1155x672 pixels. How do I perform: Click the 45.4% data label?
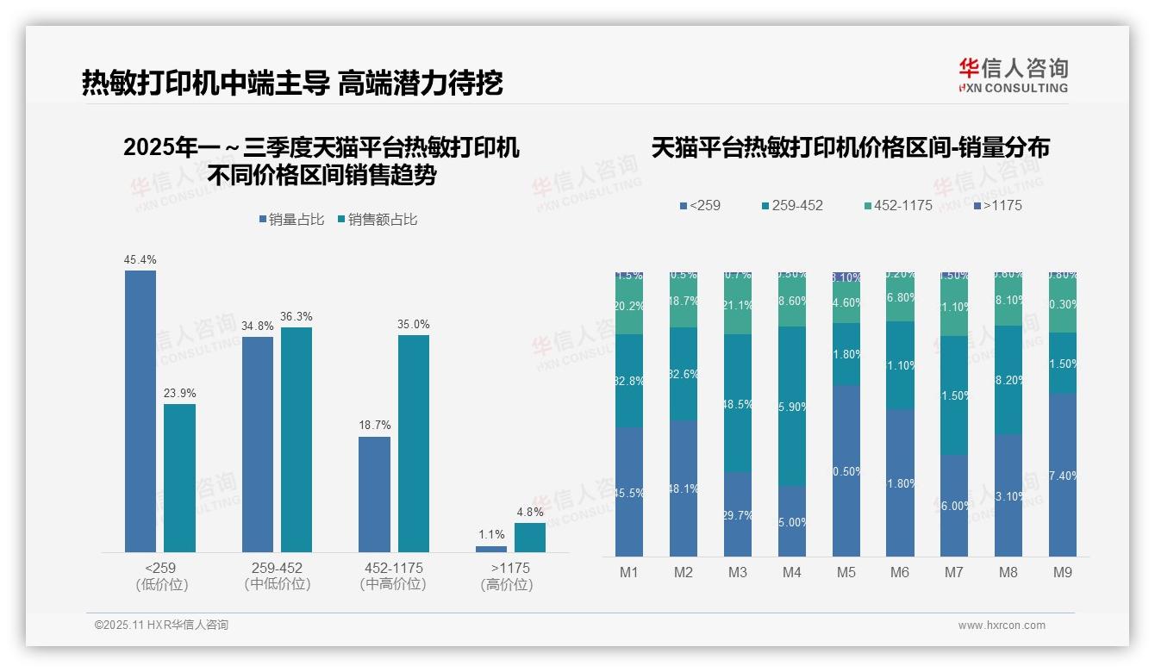tap(140, 259)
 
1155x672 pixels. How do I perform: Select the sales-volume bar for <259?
tap(140, 411)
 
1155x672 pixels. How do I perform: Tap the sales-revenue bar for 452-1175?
tap(413, 443)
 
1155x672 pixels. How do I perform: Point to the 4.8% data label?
tap(530, 512)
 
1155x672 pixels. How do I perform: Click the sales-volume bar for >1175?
tap(491, 549)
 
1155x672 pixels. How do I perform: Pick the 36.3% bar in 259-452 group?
tap(297, 439)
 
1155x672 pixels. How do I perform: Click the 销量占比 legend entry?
tap(291, 220)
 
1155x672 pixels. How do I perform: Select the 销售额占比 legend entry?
tap(378, 220)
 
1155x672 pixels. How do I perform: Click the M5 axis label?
tap(846, 573)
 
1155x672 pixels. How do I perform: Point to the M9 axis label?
tap(1062, 573)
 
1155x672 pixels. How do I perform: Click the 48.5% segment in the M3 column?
tap(737, 402)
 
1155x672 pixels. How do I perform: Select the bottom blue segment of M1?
tap(629, 492)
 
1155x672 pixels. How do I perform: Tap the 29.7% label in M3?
tap(737, 515)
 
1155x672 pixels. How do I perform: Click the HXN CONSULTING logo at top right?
tap(1013, 76)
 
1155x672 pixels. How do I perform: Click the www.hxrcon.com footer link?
tap(1002, 625)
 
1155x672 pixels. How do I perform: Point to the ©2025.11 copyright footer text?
tap(161, 625)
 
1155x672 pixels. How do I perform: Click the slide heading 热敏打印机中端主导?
tap(205, 83)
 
